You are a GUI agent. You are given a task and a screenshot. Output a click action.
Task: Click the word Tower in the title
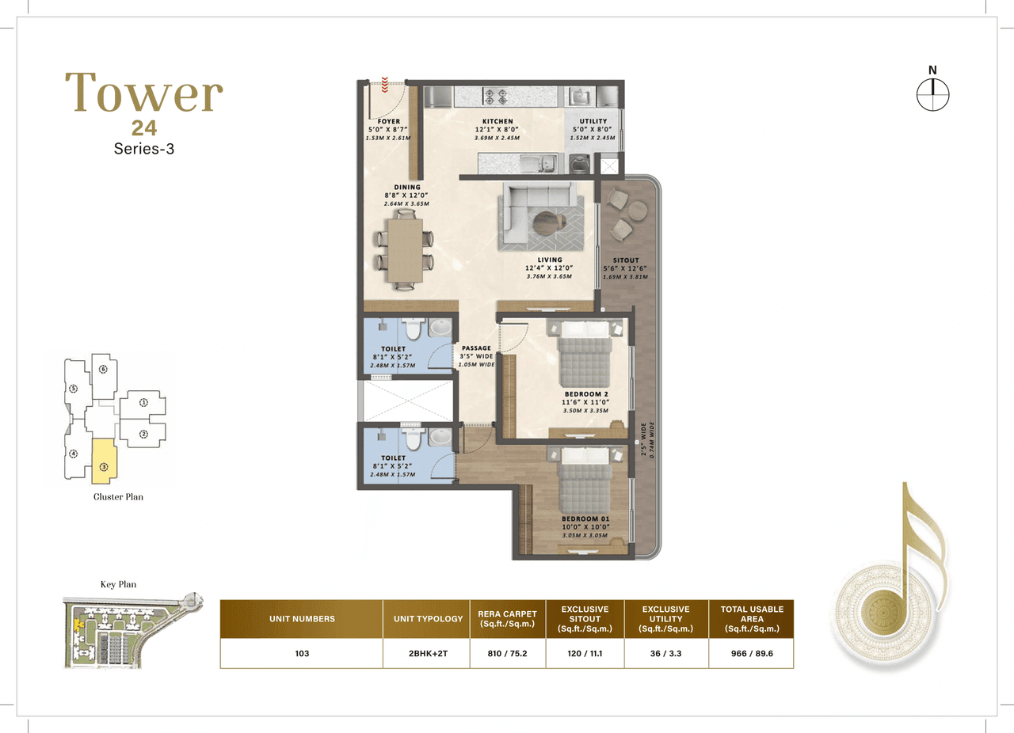143,93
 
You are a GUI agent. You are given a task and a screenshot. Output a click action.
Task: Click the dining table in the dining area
404,249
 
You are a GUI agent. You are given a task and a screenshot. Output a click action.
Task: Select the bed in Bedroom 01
584,479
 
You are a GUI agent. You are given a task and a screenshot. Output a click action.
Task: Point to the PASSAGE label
476,348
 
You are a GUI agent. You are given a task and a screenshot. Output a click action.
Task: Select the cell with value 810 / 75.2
508,655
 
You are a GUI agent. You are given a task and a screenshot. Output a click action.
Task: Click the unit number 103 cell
301,655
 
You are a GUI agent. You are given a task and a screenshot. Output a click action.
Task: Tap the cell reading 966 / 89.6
751,655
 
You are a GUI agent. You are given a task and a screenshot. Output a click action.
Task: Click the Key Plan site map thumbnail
131,631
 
